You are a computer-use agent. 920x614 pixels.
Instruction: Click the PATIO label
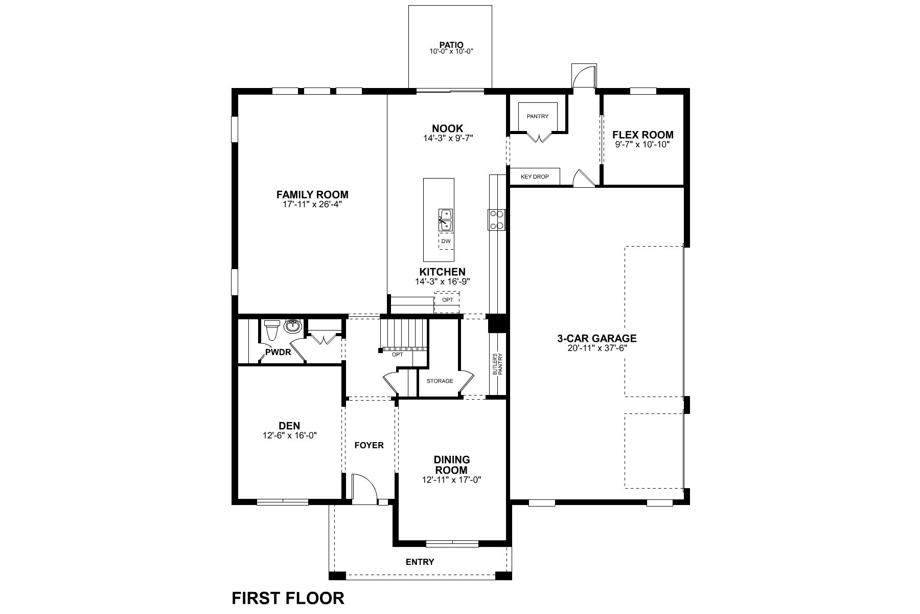click(x=451, y=45)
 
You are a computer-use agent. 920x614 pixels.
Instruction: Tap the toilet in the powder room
click(x=271, y=330)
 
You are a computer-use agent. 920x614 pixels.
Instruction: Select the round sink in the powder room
click(x=293, y=326)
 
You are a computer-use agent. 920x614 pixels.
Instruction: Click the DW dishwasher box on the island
click(x=446, y=241)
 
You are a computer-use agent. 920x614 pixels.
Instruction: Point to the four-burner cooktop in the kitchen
click(x=496, y=220)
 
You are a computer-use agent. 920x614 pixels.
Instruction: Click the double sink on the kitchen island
click(x=445, y=220)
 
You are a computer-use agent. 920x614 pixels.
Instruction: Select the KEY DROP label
click(x=535, y=177)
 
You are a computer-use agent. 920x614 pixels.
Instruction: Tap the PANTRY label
click(x=538, y=116)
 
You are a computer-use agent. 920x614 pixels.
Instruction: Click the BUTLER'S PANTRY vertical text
click(x=497, y=364)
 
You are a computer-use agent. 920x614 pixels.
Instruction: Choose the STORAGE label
click(x=440, y=381)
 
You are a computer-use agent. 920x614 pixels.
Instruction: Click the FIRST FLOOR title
click(x=288, y=598)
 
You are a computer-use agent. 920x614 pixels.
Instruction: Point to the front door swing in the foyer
click(x=364, y=486)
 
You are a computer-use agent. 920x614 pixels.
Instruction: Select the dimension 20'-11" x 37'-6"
click(x=596, y=348)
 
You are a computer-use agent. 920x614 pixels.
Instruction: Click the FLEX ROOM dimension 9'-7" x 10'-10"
click(x=642, y=145)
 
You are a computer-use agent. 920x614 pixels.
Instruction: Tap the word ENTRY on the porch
click(x=420, y=562)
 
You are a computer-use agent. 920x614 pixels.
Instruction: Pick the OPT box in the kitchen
click(x=447, y=300)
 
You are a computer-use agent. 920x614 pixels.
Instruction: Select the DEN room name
click(x=289, y=426)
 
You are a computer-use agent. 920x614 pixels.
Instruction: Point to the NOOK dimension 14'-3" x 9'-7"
click(x=448, y=138)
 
